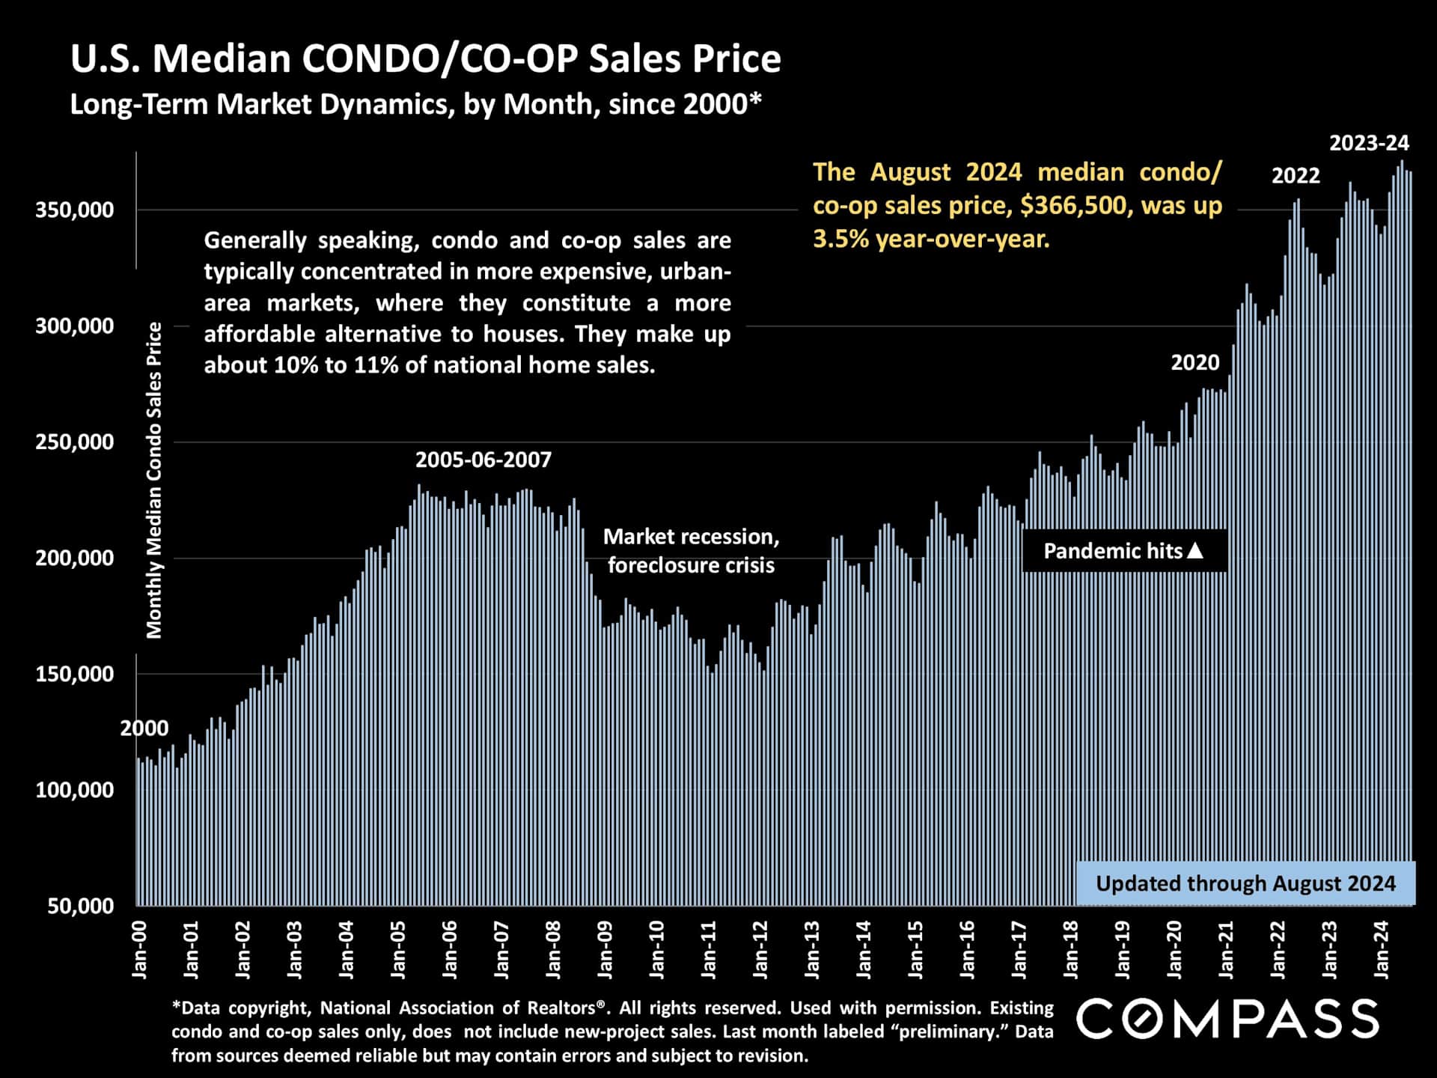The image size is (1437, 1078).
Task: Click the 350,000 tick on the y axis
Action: point(74,210)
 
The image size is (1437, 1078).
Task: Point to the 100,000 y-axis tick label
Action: point(74,791)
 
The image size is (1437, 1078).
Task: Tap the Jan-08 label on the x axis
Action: point(554,950)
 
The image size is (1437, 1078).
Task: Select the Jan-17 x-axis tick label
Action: point(1019,950)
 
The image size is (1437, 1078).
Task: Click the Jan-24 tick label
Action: point(1382,950)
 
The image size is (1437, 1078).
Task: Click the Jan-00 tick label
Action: point(140,950)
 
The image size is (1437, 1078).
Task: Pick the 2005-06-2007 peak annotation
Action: point(483,460)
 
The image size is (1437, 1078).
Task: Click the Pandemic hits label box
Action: point(1124,551)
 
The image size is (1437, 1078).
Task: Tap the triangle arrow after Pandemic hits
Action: point(1195,550)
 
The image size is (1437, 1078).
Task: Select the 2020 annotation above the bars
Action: point(1195,363)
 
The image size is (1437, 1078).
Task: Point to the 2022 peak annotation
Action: point(1296,176)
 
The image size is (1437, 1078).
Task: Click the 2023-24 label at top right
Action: point(1369,143)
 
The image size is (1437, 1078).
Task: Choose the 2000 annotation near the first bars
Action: point(144,728)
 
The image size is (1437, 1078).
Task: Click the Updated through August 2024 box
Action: point(1245,883)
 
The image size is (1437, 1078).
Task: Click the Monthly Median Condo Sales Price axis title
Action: point(154,480)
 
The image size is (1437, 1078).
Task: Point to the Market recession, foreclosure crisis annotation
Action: point(691,551)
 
